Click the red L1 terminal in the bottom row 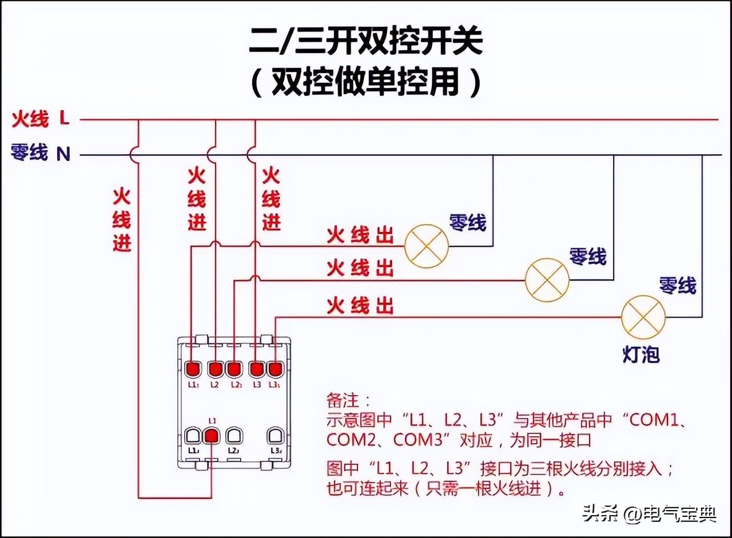pyautogui.click(x=212, y=436)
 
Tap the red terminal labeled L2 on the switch pyautogui.click(x=215, y=368)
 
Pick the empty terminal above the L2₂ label pyautogui.click(x=233, y=436)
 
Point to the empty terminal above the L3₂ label pyautogui.click(x=275, y=436)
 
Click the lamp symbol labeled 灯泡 pyautogui.click(x=643, y=318)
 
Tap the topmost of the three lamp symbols pyautogui.click(x=426, y=246)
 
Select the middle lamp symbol pyautogui.click(x=547, y=280)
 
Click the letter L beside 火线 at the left pyautogui.click(x=64, y=119)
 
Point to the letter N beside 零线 pyautogui.click(x=63, y=154)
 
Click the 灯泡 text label pyautogui.click(x=641, y=355)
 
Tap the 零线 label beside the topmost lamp pyautogui.click(x=468, y=222)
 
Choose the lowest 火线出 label pyautogui.click(x=360, y=306)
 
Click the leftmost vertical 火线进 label pyautogui.click(x=122, y=220)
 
